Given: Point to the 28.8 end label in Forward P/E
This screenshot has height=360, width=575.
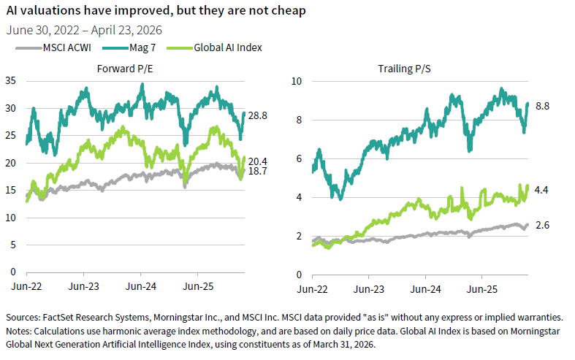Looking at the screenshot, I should point(258,115).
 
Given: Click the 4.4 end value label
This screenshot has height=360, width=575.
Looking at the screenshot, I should point(541,191).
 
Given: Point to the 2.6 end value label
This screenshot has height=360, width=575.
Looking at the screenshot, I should point(541,226).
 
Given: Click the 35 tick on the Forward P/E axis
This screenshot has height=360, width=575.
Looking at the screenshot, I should point(10,81).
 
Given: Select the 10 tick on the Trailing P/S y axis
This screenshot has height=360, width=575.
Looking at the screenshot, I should point(296,81).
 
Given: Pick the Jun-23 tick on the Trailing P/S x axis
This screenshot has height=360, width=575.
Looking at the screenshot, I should point(368,289).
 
